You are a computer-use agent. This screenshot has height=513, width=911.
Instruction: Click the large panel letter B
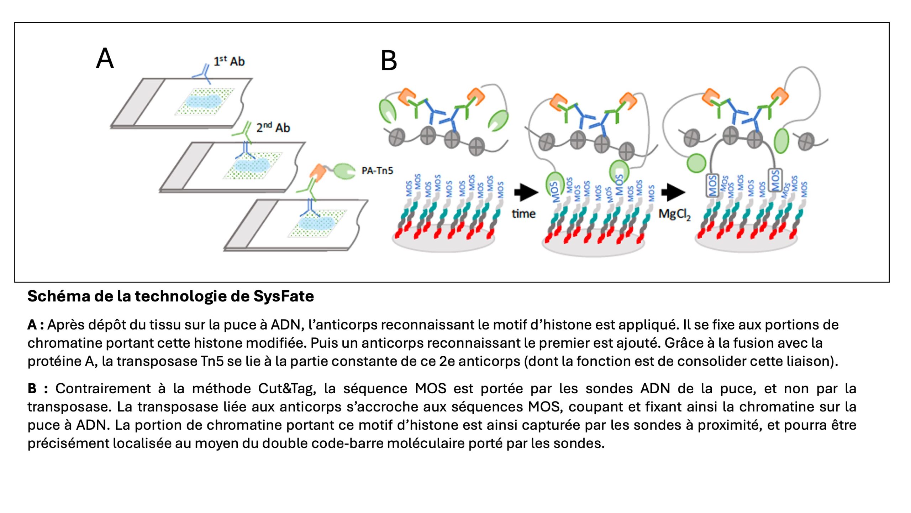pos(389,61)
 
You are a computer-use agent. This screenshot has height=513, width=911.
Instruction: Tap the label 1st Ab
pos(229,61)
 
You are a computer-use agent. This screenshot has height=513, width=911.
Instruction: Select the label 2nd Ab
pos(273,128)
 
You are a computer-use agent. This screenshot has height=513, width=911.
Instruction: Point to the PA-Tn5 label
pos(377,171)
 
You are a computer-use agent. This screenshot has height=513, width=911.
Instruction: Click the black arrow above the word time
pos(526,192)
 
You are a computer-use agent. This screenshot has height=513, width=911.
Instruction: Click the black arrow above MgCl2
pos(673,192)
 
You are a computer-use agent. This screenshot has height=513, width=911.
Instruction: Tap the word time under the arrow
pos(523,214)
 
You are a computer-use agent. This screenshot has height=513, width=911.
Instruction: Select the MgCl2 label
pos(674,214)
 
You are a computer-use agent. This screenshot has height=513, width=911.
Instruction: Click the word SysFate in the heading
pos(284,296)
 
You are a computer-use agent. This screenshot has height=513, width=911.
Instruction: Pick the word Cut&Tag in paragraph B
pos(287,389)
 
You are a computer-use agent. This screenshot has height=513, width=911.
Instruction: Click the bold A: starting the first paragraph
pos(36,325)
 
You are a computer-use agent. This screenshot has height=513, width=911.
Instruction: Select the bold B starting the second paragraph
pos(32,389)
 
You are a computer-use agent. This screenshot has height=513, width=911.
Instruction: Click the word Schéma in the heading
pos(58,296)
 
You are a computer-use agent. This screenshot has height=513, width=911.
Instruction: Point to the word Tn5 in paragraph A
pos(212,361)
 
